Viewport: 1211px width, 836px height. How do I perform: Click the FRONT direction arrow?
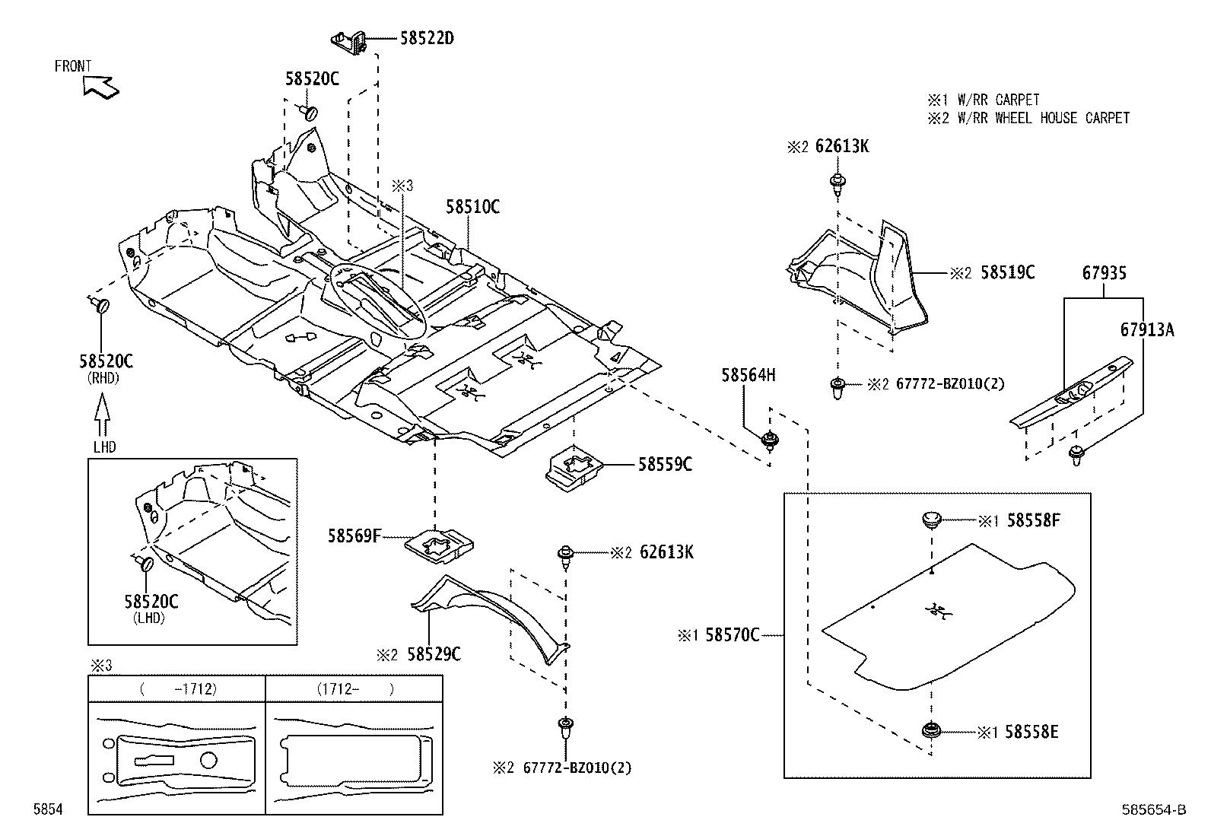(x=101, y=86)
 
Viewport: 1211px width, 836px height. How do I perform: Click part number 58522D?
(x=427, y=38)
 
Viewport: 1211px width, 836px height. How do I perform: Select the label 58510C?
(x=472, y=206)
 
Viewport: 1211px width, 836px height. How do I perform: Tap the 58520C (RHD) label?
(x=106, y=361)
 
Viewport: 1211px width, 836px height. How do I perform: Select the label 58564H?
(x=749, y=374)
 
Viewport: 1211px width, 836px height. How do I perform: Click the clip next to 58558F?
(x=931, y=521)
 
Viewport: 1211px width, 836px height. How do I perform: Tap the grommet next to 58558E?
(x=930, y=731)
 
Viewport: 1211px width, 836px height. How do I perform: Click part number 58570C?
(x=732, y=634)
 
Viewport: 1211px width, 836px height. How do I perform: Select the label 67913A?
(x=1146, y=329)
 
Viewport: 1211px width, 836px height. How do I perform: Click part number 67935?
(x=1104, y=273)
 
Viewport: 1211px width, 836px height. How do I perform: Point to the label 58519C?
(x=1007, y=273)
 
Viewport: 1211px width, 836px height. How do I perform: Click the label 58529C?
(x=434, y=653)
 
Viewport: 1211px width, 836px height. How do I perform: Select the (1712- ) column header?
(x=354, y=689)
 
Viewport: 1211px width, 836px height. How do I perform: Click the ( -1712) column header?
(x=178, y=689)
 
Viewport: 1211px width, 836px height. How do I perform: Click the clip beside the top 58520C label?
(x=308, y=112)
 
